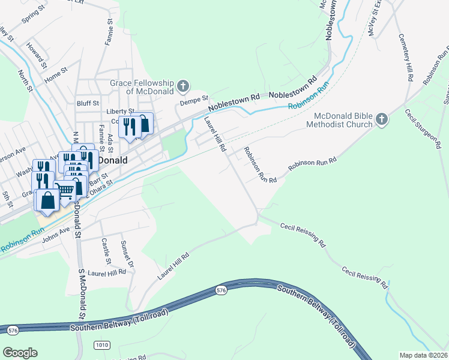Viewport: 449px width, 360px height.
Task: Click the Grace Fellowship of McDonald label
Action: click(141, 87)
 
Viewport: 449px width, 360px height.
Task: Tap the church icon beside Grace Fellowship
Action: click(184, 87)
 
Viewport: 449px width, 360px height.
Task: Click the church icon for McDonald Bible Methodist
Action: click(381, 120)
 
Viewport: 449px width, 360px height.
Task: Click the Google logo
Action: click(20, 353)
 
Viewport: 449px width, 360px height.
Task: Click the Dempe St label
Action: click(195, 98)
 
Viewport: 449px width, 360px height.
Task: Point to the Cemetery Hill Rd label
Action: click(406, 58)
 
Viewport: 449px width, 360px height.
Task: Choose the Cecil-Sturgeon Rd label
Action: click(423, 128)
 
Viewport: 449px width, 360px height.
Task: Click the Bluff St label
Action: click(87, 103)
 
